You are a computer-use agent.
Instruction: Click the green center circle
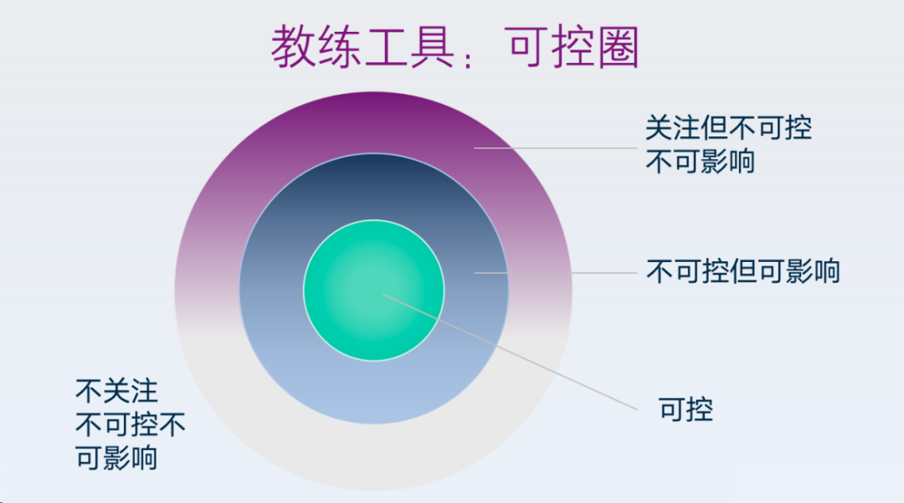click(x=373, y=290)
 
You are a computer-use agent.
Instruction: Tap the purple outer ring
click(x=373, y=122)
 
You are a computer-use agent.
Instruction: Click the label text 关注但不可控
click(x=728, y=128)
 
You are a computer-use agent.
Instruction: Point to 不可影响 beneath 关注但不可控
click(x=700, y=162)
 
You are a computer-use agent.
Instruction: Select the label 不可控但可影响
click(x=742, y=271)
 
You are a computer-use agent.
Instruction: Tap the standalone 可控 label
click(x=686, y=409)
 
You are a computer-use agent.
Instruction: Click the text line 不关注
click(x=116, y=392)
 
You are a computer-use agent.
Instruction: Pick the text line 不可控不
click(x=131, y=425)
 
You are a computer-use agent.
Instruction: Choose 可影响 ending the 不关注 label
click(x=116, y=459)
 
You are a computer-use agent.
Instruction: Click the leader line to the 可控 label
click(x=510, y=352)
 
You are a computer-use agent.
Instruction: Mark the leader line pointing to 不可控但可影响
click(x=556, y=273)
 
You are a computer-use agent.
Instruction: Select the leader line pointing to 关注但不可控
click(x=556, y=148)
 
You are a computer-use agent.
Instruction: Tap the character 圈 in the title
click(x=618, y=47)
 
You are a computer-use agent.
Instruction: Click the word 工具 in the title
click(x=408, y=47)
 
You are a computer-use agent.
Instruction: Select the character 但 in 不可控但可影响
click(x=742, y=271)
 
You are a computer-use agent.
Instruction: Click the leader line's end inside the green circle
click(x=383, y=295)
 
